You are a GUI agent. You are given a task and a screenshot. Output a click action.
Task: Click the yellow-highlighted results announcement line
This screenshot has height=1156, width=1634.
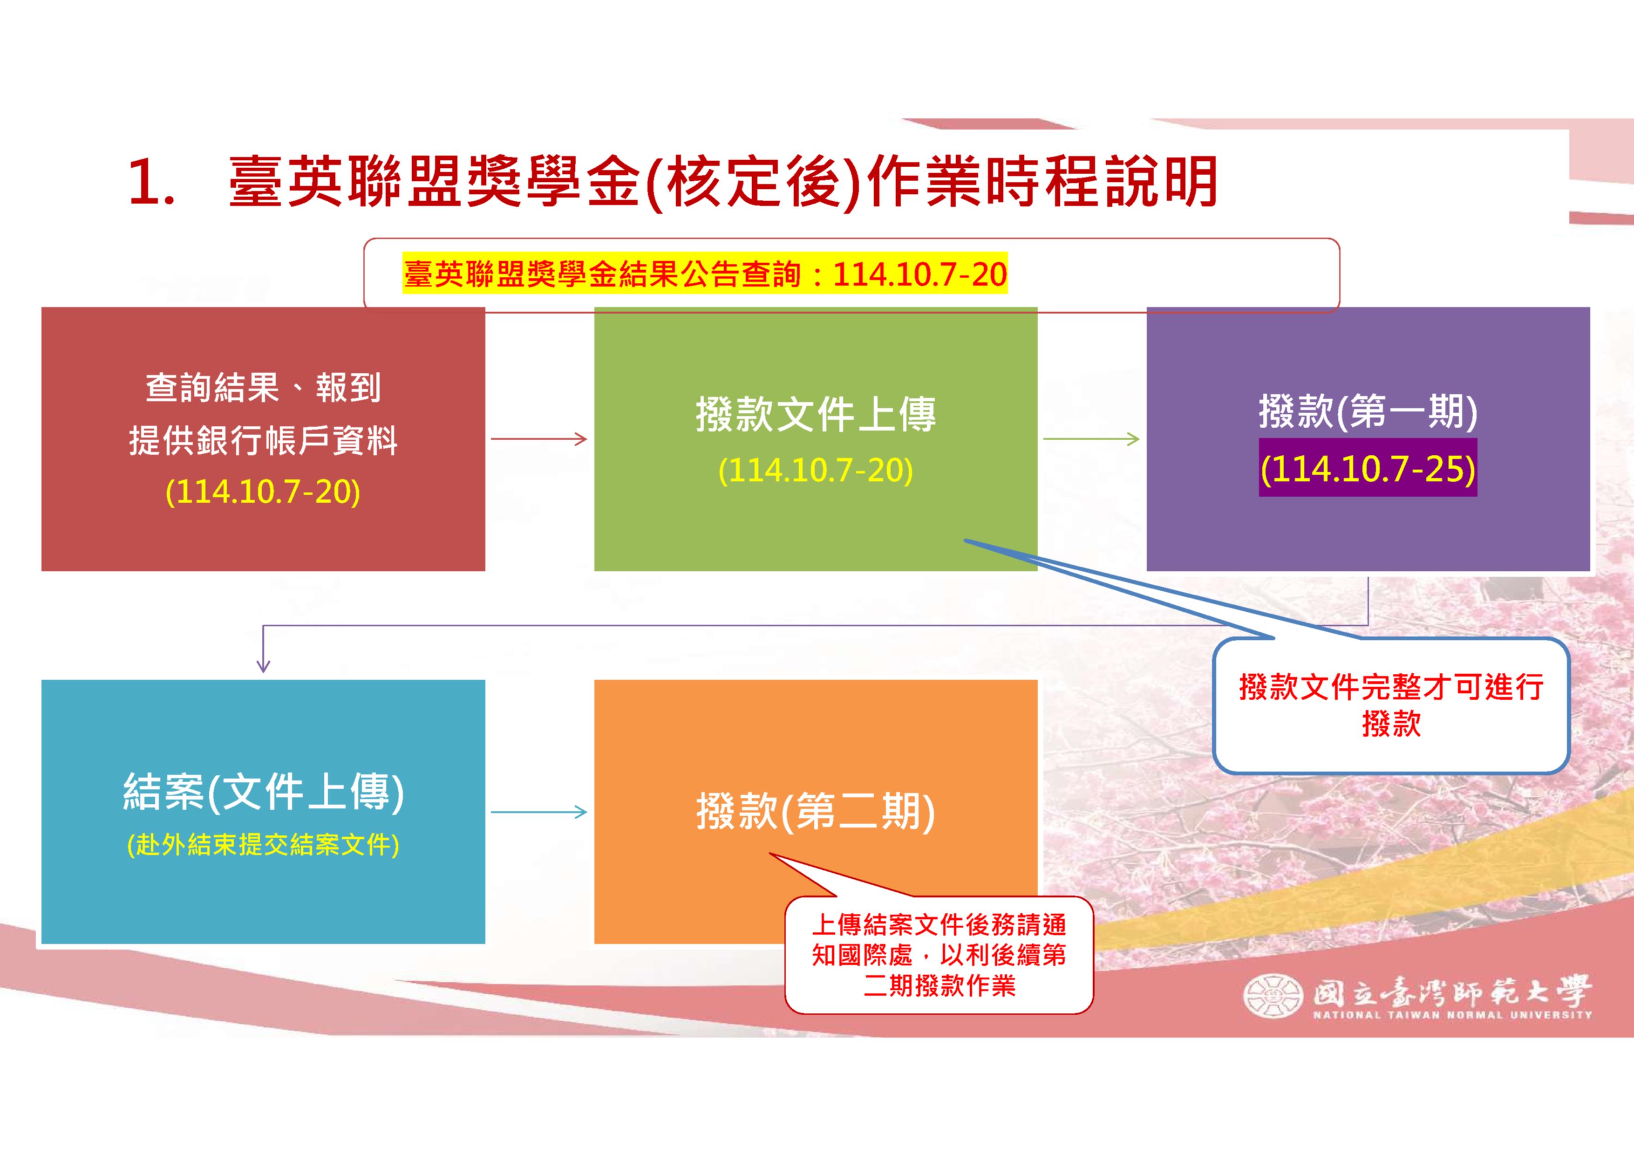(x=705, y=274)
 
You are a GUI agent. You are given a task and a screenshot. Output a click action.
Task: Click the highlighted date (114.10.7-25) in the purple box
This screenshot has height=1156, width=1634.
(x=1368, y=468)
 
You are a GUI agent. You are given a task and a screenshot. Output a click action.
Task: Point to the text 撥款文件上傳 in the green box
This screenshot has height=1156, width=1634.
(x=816, y=415)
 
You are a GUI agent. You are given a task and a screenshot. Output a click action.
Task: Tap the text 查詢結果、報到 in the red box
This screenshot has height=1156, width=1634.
(x=263, y=388)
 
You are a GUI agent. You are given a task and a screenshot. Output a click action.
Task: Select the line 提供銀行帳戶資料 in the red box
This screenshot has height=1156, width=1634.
(x=263, y=441)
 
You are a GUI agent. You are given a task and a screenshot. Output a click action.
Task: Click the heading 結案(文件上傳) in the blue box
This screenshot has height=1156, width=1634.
(x=263, y=792)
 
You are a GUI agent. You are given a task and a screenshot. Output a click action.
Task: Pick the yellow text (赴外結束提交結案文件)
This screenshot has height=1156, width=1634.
(x=263, y=845)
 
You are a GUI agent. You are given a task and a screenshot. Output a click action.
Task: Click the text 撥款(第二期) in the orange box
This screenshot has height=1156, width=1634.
(x=816, y=812)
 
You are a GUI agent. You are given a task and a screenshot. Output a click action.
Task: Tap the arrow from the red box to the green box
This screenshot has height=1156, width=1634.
(x=539, y=439)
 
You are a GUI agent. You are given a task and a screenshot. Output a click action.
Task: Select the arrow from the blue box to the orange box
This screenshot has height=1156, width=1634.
(x=539, y=812)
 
